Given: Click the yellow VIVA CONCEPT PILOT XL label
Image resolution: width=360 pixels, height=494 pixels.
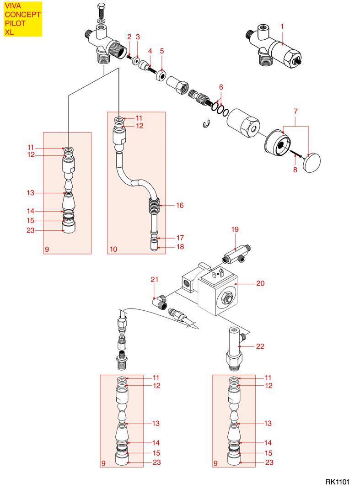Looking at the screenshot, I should point(23,19).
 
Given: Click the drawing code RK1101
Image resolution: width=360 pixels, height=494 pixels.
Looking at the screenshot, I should point(337,482).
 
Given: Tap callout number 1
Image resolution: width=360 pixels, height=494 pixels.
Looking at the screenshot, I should point(283,27).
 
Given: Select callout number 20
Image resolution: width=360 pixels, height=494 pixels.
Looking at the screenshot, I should point(260,284).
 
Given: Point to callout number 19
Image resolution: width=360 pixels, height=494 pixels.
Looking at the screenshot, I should point(235,229).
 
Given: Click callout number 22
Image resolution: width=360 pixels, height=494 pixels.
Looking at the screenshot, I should point(260,347).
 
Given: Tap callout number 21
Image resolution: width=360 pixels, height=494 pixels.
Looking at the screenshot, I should point(154,280).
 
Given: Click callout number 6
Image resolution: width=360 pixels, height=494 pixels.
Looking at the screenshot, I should point(221,87).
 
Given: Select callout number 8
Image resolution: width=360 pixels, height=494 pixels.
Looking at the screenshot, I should point(295,170).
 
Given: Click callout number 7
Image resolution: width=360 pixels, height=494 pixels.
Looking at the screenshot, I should point(296,111).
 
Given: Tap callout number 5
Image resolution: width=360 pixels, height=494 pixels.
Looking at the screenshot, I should point(161,51).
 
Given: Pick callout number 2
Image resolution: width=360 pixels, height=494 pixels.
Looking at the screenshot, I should point(129,36).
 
